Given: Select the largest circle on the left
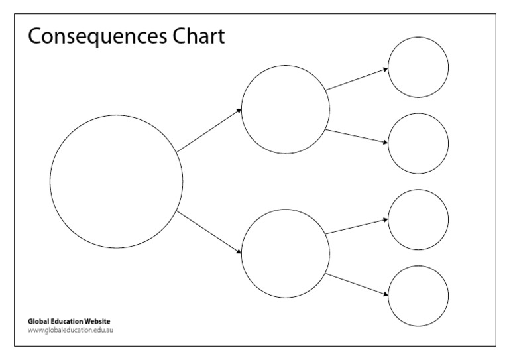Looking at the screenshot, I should (x=116, y=181).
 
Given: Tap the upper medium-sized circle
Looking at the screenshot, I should (x=285, y=109).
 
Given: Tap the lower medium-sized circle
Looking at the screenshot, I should (x=285, y=253).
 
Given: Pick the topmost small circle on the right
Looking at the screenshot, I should (x=418, y=67).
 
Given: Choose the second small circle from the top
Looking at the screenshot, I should (x=418, y=143).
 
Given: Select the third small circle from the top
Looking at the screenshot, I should (x=418, y=219).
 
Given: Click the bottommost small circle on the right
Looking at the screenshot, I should (x=418, y=296).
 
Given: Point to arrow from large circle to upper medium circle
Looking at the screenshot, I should (x=209, y=131).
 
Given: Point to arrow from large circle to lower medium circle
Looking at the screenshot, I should (x=209, y=232).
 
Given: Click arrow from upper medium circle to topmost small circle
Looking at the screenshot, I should (x=357, y=79).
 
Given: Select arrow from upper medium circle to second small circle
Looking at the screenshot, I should (x=357, y=136).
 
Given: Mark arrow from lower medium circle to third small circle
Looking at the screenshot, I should (x=357, y=226).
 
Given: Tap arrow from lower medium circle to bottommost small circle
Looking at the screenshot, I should (x=357, y=284).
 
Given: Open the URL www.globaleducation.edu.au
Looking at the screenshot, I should (x=71, y=330).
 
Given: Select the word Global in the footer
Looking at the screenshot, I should (x=37, y=322).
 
